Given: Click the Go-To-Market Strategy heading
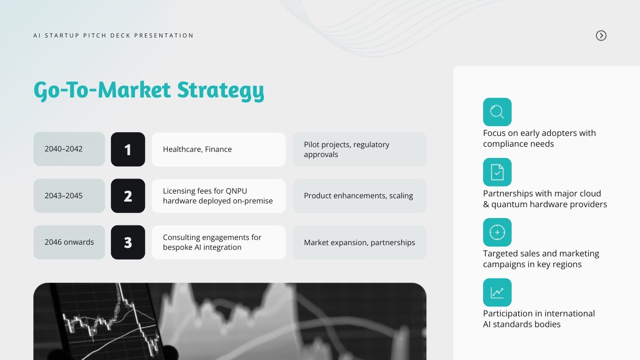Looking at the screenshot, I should point(149,90).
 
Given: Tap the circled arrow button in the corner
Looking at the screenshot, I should point(601,36).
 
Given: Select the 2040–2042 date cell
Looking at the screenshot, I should point(69,149).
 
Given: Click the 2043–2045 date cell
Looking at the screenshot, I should point(69,195).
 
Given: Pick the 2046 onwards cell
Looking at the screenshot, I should point(69,242).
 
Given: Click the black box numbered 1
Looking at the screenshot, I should point(128,149).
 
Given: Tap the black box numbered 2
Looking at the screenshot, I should point(128,195).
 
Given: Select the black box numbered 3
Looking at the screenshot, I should point(128,242).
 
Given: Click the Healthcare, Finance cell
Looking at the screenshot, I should point(218,149).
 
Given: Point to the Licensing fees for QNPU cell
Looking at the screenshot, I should point(218,195).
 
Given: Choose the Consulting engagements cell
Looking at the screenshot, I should point(218,242).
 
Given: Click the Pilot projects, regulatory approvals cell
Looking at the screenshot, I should point(359,149).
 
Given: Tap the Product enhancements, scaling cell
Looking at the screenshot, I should point(359,195).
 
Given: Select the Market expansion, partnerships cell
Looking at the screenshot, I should point(359,242).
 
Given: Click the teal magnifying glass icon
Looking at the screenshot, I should point(497,112).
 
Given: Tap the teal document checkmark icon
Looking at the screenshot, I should point(497,172).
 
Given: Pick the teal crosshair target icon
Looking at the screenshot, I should point(497,232).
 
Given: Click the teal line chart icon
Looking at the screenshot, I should point(497,292).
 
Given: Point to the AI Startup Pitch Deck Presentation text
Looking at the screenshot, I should point(113,36).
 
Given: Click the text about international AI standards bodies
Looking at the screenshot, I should point(539,319).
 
